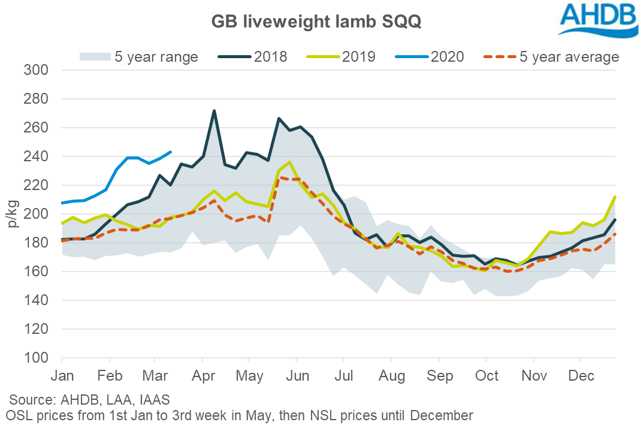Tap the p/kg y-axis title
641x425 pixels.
point(13,213)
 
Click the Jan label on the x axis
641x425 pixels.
point(62,376)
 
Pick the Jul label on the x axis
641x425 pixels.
point(343,376)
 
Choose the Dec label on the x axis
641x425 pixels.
point(580,376)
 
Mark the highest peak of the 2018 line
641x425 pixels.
point(214,111)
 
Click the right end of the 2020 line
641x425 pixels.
point(171,152)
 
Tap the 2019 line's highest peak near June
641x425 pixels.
point(290,162)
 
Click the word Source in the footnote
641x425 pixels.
point(30,400)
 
